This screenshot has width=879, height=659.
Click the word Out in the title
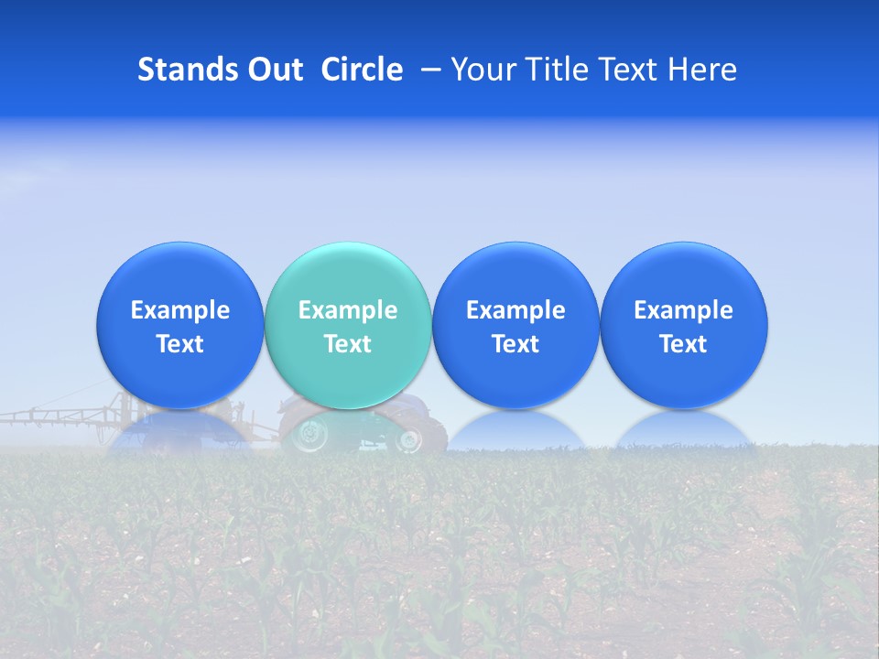[x=274, y=70]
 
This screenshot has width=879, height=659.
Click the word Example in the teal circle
[x=348, y=310]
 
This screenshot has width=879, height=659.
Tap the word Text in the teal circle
[x=348, y=344]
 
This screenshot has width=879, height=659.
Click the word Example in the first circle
[x=180, y=310]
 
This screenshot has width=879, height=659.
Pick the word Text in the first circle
[x=180, y=344]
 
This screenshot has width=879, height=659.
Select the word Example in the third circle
[x=515, y=310]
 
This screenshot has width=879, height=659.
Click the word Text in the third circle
[x=515, y=344]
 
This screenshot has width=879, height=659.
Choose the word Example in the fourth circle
[x=683, y=310]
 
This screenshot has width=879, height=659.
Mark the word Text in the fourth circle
[x=683, y=344]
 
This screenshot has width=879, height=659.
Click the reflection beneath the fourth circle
[x=683, y=430]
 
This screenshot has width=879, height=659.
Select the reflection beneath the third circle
[x=515, y=430]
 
